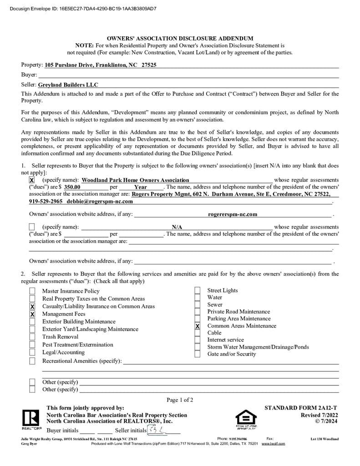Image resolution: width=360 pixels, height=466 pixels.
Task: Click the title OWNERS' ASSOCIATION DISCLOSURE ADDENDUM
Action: pyautogui.click(x=180, y=39)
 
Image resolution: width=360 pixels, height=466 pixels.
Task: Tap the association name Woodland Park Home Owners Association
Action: pyautogui.click(x=135, y=180)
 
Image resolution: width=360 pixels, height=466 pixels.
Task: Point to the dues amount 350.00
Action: pyautogui.click(x=72, y=187)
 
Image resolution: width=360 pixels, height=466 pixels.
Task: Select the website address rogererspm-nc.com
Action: pyautogui.click(x=232, y=214)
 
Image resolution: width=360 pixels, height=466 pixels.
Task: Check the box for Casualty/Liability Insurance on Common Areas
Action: pyautogui.click(x=32, y=307)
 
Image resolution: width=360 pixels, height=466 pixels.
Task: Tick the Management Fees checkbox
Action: pyautogui.click(x=32, y=314)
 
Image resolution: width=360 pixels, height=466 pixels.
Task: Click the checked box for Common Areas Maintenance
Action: pyautogui.click(x=198, y=326)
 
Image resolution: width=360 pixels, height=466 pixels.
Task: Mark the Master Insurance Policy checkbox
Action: pyautogui.click(x=32, y=291)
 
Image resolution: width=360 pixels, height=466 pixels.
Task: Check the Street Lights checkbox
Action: pyautogui.click(x=198, y=291)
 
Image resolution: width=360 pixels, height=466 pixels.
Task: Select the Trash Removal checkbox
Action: pyautogui.click(x=32, y=337)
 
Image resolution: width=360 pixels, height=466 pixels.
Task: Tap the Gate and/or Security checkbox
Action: pyautogui.click(x=198, y=354)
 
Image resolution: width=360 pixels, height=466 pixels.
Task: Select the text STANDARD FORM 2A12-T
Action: pyautogui.click(x=301, y=408)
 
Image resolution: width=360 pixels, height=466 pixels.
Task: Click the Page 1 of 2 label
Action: pyautogui.click(x=180, y=400)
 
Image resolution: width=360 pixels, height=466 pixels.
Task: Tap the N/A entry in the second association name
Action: pyautogui.click(x=177, y=227)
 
